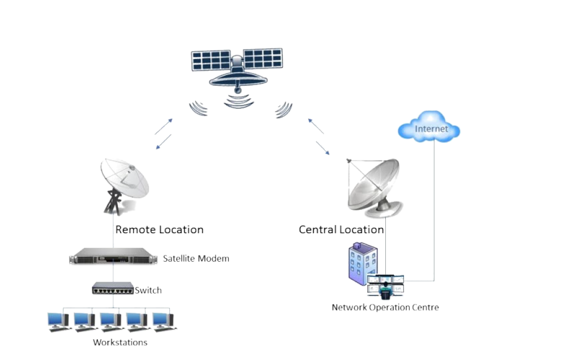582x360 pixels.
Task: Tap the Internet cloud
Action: click(x=429, y=128)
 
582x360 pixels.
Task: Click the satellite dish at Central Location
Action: click(x=373, y=186)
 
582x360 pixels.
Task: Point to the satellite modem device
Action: click(x=114, y=259)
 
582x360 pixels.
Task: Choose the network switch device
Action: click(x=113, y=289)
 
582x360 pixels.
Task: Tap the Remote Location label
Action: click(x=159, y=229)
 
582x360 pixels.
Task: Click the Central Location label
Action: click(x=341, y=229)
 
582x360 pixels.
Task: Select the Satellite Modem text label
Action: click(x=196, y=259)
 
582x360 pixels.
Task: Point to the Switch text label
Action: click(x=148, y=290)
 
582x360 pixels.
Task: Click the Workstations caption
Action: click(x=120, y=342)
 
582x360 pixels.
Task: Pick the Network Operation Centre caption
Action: click(x=385, y=307)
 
